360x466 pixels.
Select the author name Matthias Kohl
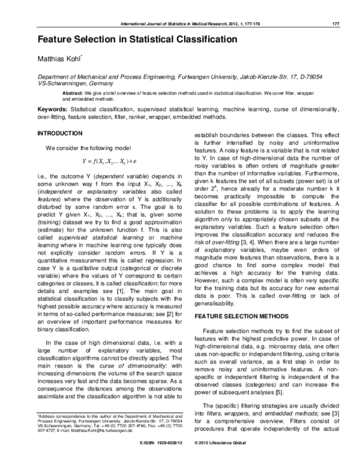coord(63,59)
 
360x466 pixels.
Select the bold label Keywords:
coord(53,110)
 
